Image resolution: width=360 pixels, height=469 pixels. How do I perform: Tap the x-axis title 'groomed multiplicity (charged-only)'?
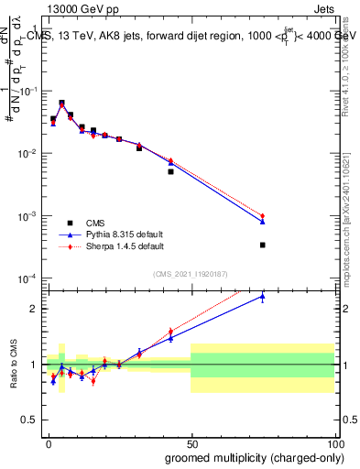250,456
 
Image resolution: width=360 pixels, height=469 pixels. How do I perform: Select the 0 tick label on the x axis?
49,443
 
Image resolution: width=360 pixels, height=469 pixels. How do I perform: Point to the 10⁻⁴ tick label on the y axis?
27,278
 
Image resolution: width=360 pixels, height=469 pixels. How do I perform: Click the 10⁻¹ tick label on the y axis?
27,92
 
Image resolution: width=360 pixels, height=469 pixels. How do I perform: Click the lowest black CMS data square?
262,245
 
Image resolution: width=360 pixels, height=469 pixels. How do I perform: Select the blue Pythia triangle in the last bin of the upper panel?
262,222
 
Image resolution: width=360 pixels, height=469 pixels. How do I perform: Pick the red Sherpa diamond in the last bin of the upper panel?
262,216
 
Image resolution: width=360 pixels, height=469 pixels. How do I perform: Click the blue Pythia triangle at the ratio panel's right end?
262,296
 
